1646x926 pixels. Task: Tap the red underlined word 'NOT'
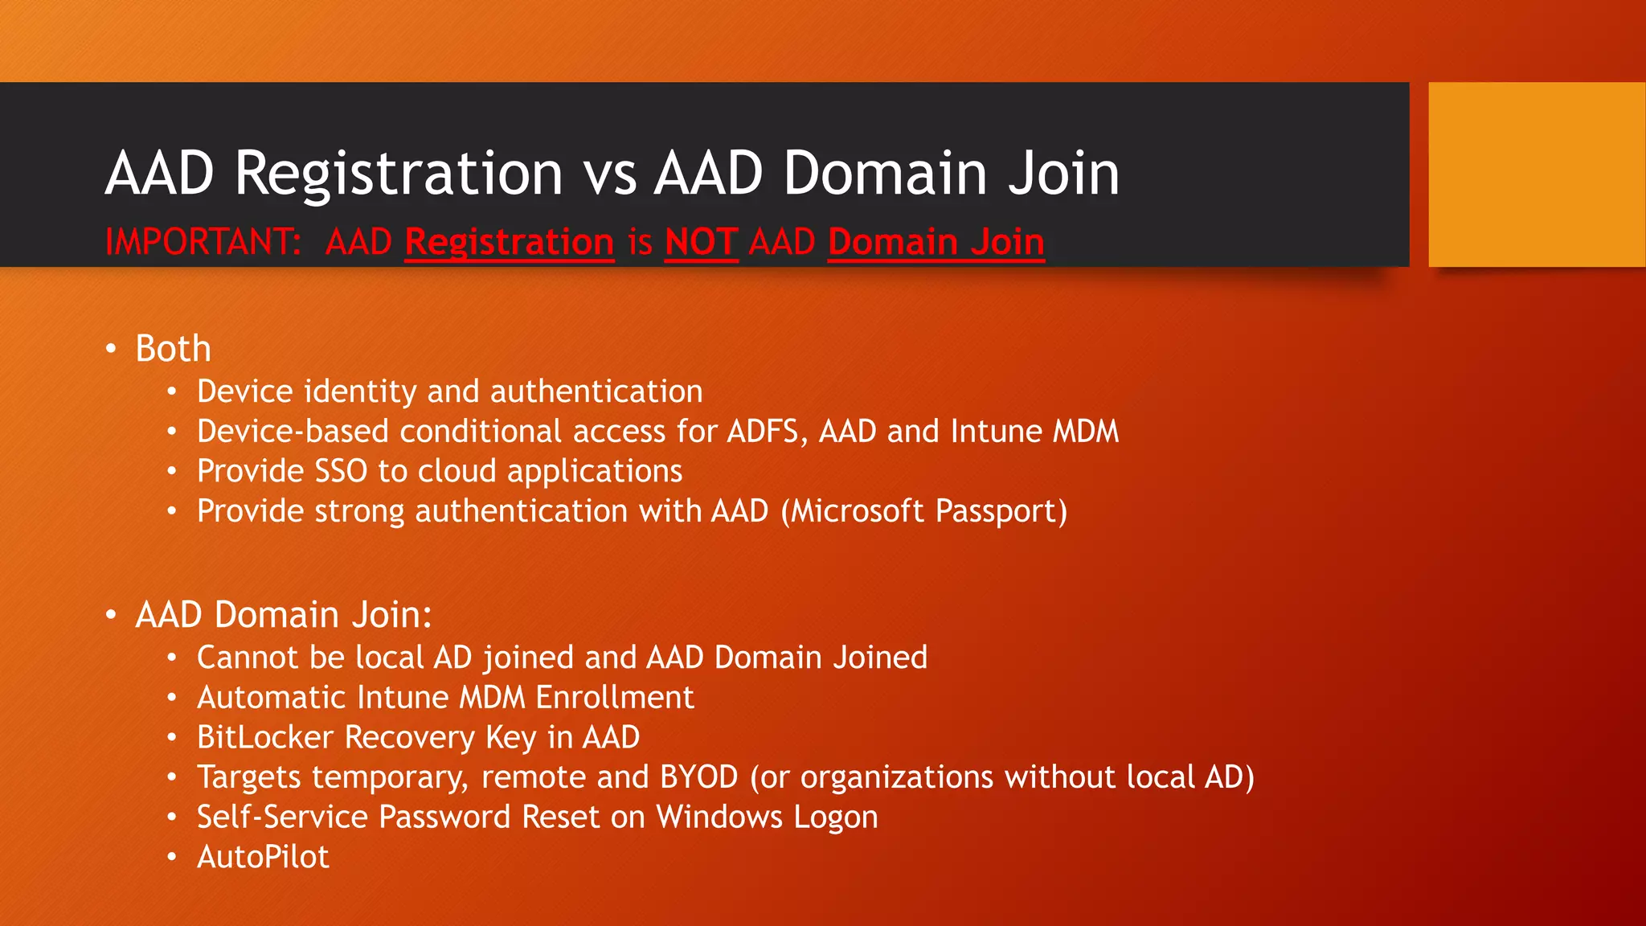coord(701,242)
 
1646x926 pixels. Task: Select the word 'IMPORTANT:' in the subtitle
coord(203,242)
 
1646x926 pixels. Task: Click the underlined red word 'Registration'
coord(510,242)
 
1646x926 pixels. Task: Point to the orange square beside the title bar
coord(1536,174)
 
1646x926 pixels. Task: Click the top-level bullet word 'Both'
coord(173,349)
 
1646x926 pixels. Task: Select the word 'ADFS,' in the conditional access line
coord(768,432)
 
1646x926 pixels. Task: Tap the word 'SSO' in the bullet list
coord(341,472)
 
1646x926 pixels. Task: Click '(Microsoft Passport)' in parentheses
coord(923,512)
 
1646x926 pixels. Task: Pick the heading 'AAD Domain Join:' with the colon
coord(284,615)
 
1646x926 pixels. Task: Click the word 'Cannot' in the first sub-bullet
coord(248,658)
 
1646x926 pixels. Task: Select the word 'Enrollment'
coord(615,698)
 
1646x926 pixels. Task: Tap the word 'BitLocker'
coord(265,738)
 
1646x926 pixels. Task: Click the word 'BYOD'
coord(698,777)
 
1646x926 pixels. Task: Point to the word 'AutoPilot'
coord(263,857)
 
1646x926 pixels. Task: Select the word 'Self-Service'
coord(282,817)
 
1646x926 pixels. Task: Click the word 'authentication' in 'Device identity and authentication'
coord(596,391)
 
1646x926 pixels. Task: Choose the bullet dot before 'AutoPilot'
coord(171,857)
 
